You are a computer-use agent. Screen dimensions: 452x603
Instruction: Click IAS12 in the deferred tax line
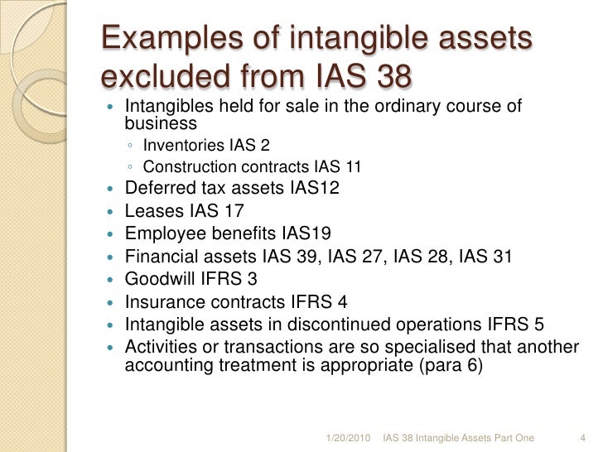click(x=315, y=189)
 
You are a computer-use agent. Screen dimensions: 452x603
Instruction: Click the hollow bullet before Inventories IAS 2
click(x=132, y=147)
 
